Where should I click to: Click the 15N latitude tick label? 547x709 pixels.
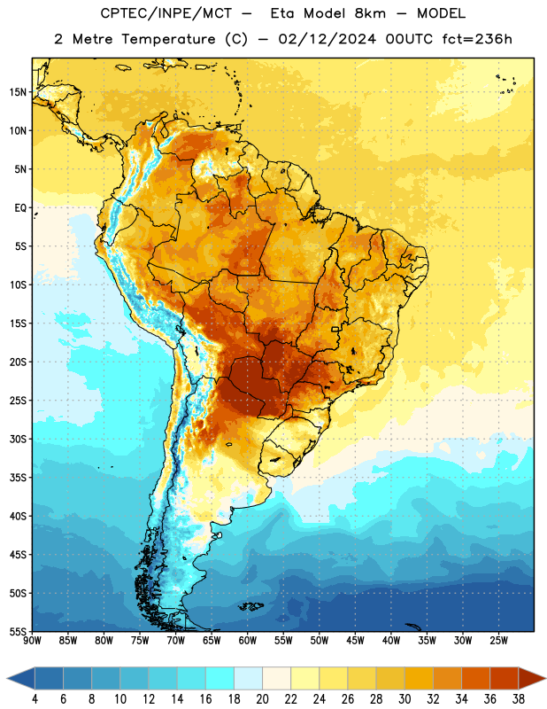[18, 92]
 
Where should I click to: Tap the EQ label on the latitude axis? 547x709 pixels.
[20, 208]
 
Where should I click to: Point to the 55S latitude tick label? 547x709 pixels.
[18, 631]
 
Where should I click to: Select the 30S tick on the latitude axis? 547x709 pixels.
[18, 439]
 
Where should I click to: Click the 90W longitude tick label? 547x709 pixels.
[32, 641]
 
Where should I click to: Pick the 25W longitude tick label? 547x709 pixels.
[498, 641]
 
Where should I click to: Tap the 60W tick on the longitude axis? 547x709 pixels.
[248, 641]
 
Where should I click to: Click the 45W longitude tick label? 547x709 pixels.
[356, 641]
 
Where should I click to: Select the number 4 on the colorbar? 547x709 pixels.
[35, 699]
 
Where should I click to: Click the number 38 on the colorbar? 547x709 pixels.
[518, 699]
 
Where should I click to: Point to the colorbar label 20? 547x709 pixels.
[262, 699]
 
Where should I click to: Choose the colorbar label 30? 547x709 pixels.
[404, 699]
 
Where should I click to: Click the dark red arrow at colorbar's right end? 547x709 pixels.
[531, 678]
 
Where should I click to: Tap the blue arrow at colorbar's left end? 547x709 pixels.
[21, 678]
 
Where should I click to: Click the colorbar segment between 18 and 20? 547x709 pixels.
[248, 678]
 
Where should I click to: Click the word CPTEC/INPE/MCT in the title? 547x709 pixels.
[166, 13]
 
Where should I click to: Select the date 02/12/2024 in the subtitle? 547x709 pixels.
[327, 39]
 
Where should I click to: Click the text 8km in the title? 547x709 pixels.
[370, 13]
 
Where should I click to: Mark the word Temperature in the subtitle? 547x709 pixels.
[168, 40]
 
